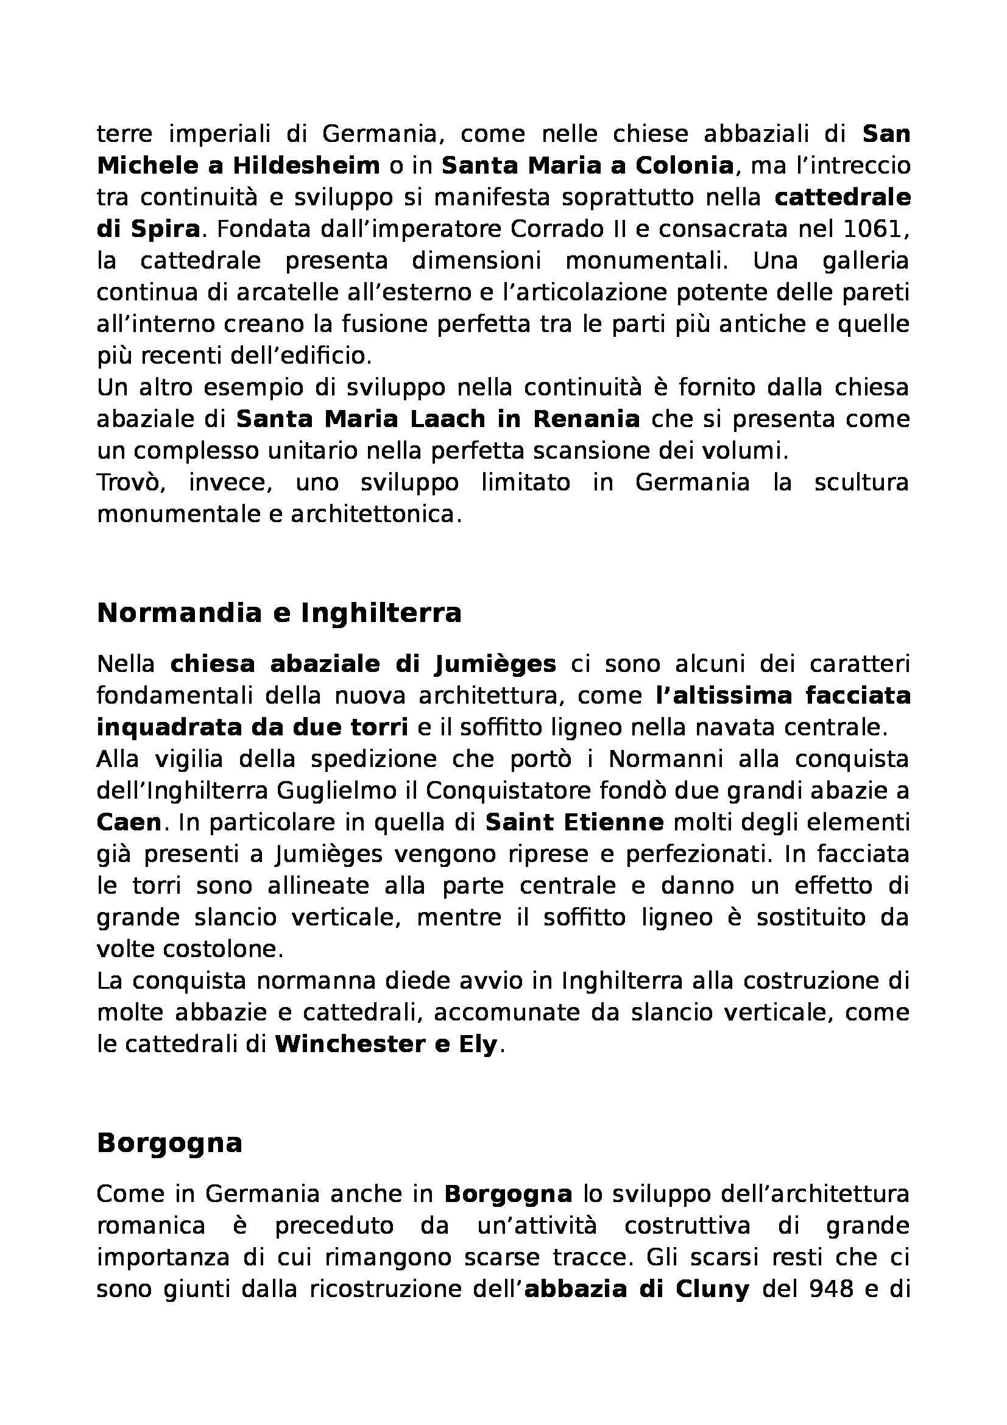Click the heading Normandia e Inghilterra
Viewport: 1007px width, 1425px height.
coord(279,614)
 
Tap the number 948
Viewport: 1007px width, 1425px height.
coord(835,1290)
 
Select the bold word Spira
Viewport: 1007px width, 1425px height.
coord(165,229)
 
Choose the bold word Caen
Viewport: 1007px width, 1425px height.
coord(129,822)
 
